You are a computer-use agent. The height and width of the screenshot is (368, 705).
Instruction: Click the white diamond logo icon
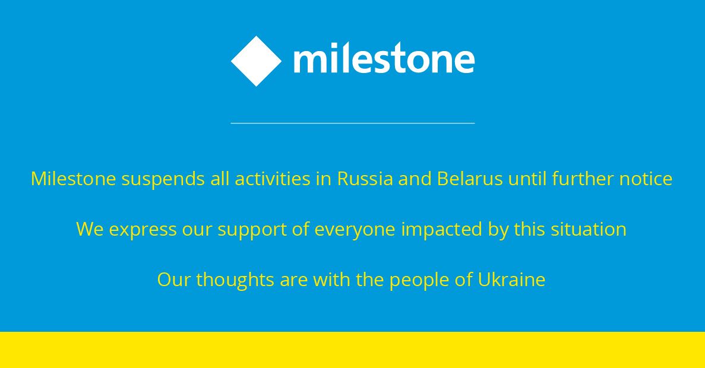pos(256,61)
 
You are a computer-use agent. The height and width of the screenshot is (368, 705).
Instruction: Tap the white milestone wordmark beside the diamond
pos(384,58)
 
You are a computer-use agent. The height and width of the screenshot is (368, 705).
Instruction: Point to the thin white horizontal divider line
pos(353,123)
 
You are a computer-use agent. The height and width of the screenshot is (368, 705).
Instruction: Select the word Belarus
pos(470,179)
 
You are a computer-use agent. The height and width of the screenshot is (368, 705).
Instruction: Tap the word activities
pos(273,179)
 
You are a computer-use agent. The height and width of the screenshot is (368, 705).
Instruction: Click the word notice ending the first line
pos(646,179)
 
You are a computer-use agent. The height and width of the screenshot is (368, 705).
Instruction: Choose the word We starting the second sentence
pos(90,229)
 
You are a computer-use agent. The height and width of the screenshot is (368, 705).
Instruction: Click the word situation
pos(589,229)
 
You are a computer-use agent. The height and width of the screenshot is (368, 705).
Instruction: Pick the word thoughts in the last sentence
pos(235,280)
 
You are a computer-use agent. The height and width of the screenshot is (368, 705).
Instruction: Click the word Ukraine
pos(511,280)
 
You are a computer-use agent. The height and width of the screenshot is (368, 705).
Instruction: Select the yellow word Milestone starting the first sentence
pos(73,179)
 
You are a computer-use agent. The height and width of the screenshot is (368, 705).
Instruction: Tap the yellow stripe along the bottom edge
pos(353,350)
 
